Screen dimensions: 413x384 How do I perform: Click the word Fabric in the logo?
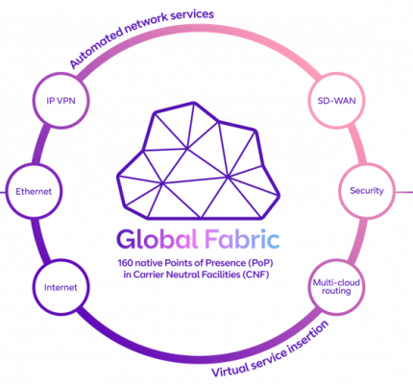pos(242,239)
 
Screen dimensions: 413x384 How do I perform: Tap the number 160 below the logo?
pos(125,263)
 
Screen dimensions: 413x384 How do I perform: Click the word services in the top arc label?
pos(192,15)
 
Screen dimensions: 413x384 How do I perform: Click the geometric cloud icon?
pos(198,160)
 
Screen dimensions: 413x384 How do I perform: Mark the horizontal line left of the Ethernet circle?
pos(3,192)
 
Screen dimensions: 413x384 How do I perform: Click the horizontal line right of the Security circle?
pos(404,192)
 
